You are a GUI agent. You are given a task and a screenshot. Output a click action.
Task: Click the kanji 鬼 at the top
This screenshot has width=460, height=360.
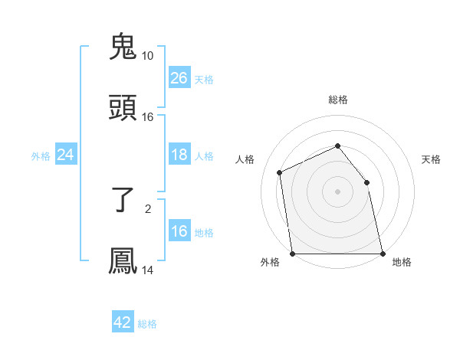click(123, 47)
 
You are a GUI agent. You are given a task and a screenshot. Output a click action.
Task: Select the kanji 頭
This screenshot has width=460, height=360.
click(123, 108)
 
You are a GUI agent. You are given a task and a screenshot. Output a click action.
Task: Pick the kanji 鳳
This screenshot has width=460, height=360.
click(123, 261)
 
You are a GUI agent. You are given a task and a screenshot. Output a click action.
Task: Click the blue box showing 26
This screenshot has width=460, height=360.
click(179, 78)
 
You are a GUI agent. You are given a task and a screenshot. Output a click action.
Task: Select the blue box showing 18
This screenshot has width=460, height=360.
click(179, 155)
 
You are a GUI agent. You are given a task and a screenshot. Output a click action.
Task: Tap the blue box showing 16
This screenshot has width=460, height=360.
click(179, 231)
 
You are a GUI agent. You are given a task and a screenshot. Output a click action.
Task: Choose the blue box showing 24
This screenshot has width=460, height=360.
click(65, 155)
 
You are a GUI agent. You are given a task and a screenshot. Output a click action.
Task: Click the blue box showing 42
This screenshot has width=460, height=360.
click(123, 322)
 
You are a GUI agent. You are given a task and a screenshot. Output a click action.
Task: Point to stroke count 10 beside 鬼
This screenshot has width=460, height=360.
click(147, 56)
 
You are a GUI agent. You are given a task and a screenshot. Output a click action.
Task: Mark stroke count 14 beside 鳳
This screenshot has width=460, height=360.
click(147, 270)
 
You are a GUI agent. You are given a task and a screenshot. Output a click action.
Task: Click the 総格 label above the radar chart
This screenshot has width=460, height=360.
click(338, 100)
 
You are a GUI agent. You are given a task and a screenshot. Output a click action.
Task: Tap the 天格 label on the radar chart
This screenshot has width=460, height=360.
click(431, 159)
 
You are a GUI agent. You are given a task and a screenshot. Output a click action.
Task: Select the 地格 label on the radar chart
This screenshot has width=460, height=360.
click(402, 262)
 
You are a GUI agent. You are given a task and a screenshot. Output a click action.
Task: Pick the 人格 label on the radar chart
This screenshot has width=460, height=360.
click(245, 159)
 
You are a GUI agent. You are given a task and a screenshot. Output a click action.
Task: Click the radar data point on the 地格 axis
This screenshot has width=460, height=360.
click(383, 254)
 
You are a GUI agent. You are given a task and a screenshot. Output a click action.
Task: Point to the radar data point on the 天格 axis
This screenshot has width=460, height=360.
click(366, 182)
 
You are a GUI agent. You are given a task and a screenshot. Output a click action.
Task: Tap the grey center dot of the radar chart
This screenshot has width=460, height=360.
click(338, 191)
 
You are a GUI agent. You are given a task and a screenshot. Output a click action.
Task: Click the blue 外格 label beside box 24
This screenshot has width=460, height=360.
click(41, 155)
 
